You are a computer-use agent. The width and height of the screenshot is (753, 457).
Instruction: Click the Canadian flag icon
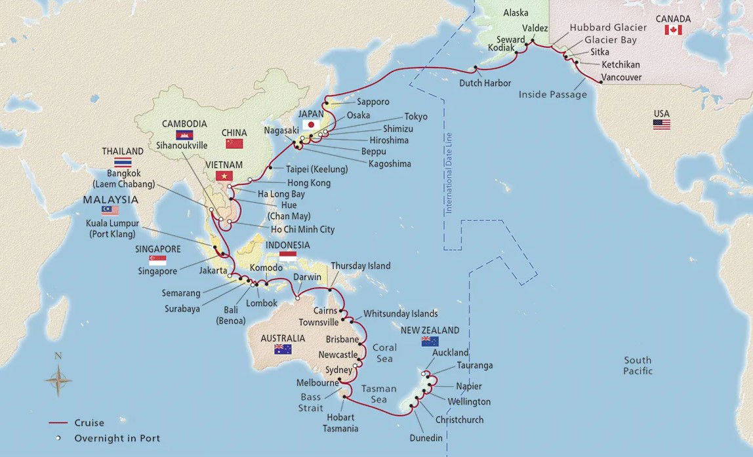tap(673, 30)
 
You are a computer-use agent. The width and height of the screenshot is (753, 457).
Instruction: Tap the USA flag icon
tap(661, 124)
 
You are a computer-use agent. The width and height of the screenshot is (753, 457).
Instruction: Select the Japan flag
tap(311, 125)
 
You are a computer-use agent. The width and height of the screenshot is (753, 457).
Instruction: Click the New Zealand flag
tap(430, 341)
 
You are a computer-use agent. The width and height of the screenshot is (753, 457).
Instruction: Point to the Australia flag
tap(283, 349)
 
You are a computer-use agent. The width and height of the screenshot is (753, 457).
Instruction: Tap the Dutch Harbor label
tap(485, 83)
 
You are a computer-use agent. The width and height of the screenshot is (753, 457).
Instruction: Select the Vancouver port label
tap(622, 77)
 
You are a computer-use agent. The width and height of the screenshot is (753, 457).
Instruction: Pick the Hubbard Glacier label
tap(608, 28)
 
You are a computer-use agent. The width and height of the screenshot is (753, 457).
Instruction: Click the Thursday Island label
tap(360, 266)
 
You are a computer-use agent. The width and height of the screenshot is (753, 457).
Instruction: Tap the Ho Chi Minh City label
tap(303, 229)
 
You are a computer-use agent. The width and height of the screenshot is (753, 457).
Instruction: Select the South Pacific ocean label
tap(638, 365)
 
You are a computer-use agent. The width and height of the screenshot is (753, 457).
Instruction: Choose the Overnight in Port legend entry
tap(117, 439)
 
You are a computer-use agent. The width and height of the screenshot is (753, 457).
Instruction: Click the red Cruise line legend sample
tap(58, 423)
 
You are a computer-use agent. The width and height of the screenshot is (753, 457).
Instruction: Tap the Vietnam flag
tap(224, 175)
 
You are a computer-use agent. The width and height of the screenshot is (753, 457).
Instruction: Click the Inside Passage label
tap(552, 95)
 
